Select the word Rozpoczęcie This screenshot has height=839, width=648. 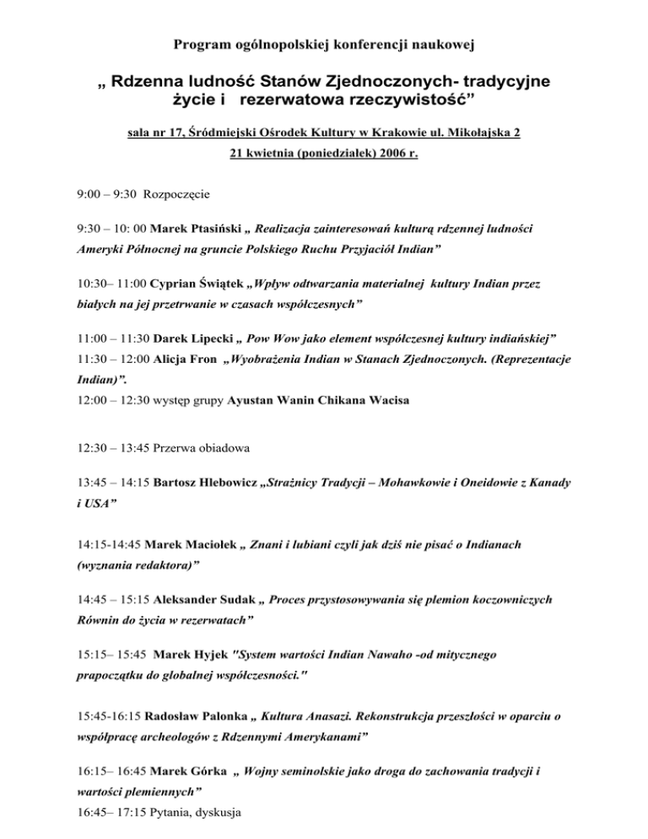coord(179,193)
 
